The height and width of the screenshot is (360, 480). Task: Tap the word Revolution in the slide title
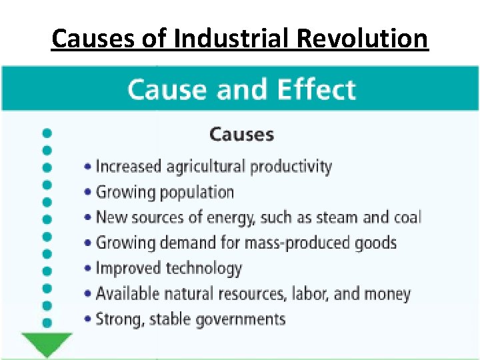[362, 39]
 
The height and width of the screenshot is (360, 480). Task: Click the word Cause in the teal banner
[167, 89]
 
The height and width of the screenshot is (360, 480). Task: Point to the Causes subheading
[241, 134]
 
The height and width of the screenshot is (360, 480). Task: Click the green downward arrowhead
[47, 344]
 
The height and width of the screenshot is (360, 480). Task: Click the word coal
[406, 217]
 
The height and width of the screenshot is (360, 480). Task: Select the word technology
[203, 269]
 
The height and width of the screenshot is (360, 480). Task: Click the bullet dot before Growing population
[89, 193]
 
